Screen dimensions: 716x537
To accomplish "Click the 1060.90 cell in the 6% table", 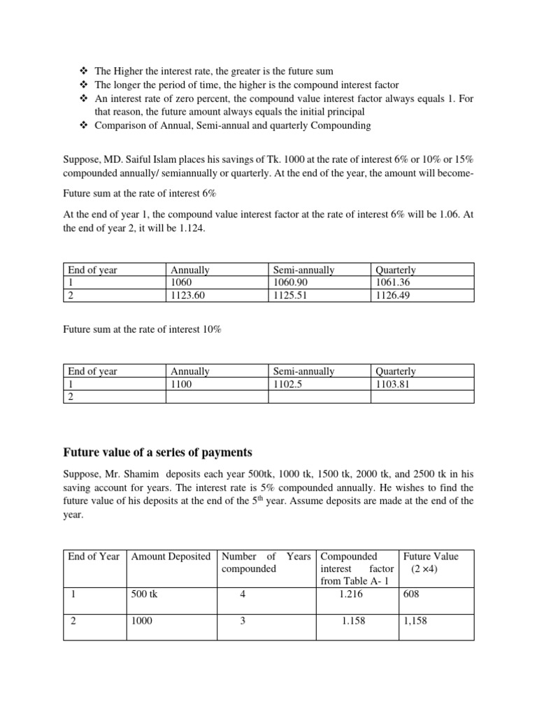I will pos(289,282).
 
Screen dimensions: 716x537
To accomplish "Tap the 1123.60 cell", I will pos(188,295).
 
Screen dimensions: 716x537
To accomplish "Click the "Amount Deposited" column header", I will pos(171,557).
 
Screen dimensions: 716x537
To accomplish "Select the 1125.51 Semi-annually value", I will pos(289,295).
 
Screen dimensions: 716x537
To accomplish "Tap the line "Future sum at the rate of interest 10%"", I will pos(143,328).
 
